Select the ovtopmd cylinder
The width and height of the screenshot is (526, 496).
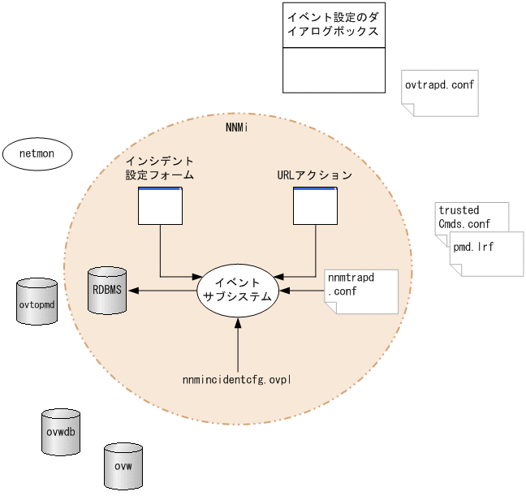(37, 302)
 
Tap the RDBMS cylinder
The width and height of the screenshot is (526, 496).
(108, 290)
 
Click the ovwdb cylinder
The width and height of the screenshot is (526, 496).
(62, 432)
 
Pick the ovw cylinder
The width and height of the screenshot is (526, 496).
(123, 465)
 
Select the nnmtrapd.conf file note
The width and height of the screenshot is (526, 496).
(360, 291)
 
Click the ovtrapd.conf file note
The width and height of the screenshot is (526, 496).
(440, 92)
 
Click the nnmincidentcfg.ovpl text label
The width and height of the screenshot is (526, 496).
(237, 379)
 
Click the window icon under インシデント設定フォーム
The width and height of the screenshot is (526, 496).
(160, 206)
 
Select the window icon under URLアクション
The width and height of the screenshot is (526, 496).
(315, 206)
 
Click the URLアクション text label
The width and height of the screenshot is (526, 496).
(313, 175)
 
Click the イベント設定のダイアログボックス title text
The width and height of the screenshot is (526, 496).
(333, 24)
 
